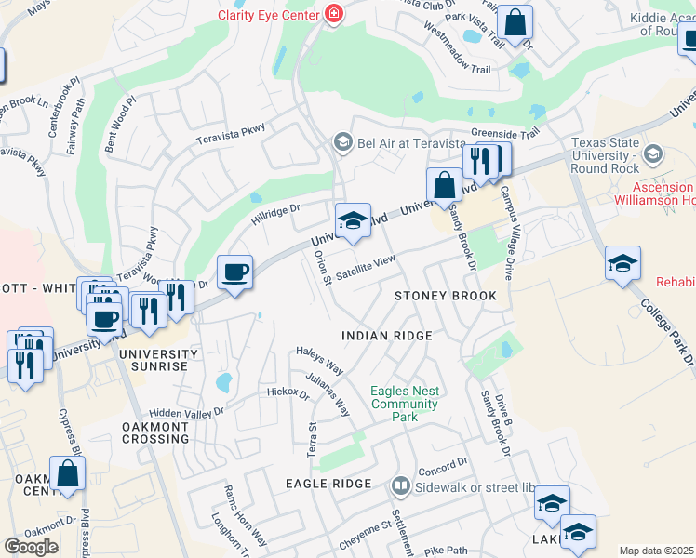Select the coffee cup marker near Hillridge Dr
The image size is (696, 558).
click(x=234, y=273)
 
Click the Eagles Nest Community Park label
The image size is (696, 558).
click(x=404, y=404)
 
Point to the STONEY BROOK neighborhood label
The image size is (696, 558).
click(x=445, y=296)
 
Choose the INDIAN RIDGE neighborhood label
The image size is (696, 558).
click(x=386, y=336)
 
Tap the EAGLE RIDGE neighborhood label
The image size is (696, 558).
click(x=328, y=484)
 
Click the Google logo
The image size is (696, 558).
click(x=31, y=547)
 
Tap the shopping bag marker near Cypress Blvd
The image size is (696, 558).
click(x=67, y=473)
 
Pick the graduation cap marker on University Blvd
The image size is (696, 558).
click(x=353, y=222)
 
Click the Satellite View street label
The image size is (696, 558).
click(x=366, y=270)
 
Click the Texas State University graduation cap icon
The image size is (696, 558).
click(x=654, y=153)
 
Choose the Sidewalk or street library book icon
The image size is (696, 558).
click(x=400, y=485)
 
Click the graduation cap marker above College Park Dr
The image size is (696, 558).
click(x=622, y=264)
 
